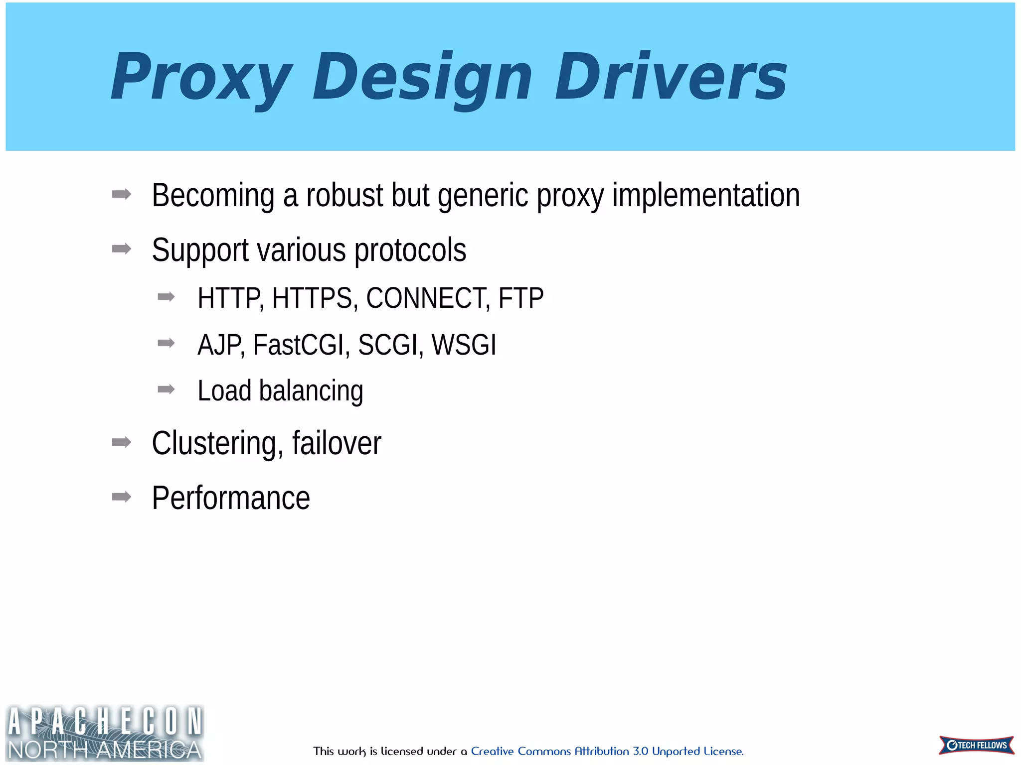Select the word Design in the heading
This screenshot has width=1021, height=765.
pos(422,78)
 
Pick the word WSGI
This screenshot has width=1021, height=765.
pos(464,345)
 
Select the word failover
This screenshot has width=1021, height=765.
pos(337,443)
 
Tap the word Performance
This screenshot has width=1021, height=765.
pos(231,498)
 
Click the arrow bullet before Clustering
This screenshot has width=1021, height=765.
pos(122,442)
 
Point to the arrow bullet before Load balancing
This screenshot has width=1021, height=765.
pos(166,389)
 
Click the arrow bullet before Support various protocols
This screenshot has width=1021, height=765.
pos(122,249)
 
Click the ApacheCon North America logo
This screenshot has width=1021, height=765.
pos(105,733)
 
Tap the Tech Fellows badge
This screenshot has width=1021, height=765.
pos(976,745)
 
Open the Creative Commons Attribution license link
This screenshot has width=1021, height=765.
pos(607,751)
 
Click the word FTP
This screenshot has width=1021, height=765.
pos(520,298)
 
